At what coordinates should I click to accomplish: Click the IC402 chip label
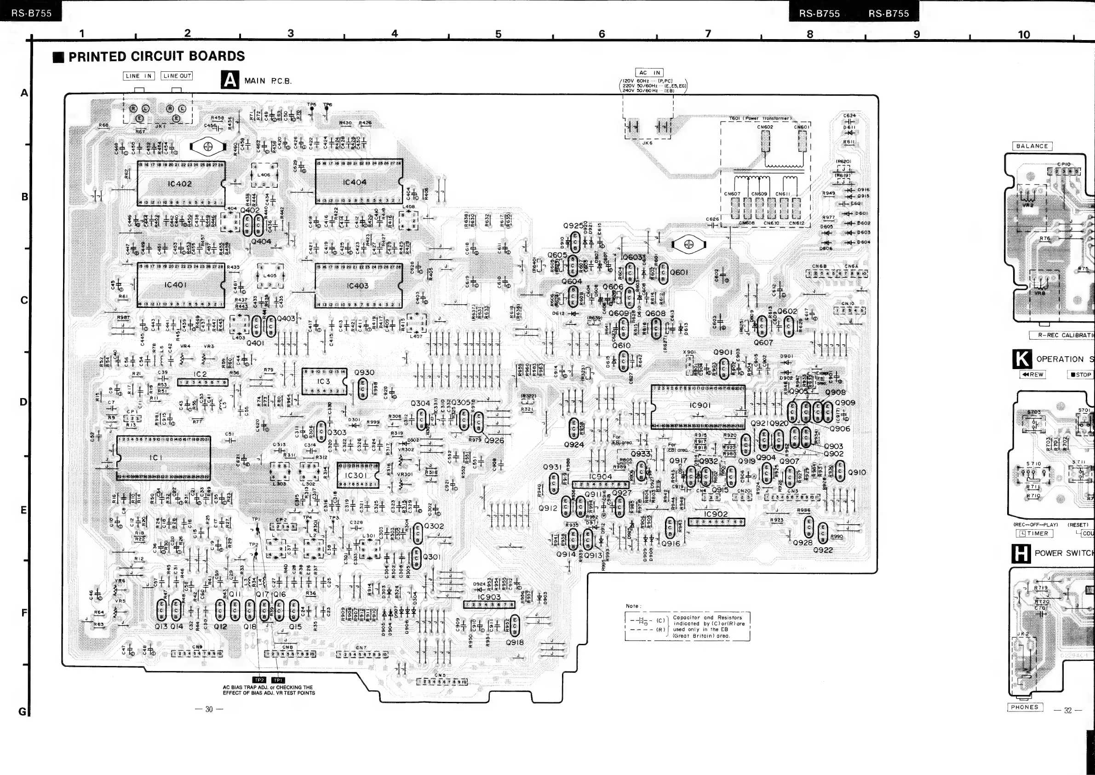point(180,183)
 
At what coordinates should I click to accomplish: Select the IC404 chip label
point(355,182)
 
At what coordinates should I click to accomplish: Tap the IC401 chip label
point(175,285)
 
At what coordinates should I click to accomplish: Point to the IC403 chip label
point(357,285)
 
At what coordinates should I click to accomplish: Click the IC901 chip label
point(699,405)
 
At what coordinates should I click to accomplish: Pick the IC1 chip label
point(156,457)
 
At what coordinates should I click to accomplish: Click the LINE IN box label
point(138,76)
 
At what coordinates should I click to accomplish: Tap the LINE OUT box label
point(177,76)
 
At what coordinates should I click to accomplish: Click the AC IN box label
point(649,73)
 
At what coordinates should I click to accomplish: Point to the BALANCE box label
point(1032,146)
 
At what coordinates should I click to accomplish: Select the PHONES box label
point(1025,707)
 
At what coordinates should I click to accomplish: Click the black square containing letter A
point(230,80)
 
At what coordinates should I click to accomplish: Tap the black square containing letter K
point(1021,359)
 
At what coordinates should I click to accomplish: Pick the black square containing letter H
point(1020,554)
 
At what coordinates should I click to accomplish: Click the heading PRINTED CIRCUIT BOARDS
point(156,56)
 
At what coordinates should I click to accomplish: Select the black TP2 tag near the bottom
point(259,680)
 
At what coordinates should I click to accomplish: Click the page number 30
point(209,709)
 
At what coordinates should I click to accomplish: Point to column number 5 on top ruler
point(499,34)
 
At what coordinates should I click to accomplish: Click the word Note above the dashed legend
point(632,606)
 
